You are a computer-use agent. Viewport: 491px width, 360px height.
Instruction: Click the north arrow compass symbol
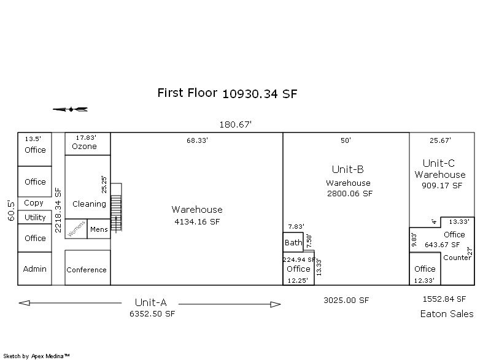pyautogui.click(x=70, y=109)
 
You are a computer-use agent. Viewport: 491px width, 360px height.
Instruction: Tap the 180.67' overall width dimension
pyautogui.click(x=235, y=124)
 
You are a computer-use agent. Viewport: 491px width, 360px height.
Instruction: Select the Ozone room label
pyautogui.click(x=84, y=147)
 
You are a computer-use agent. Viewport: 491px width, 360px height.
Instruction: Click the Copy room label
pyautogui.click(x=34, y=203)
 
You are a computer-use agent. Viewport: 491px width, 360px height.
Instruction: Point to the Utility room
pyautogui.click(x=35, y=217)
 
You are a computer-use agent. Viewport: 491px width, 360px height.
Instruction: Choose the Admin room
pyautogui.click(x=35, y=269)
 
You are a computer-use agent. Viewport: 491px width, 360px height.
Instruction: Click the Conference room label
pyautogui.click(x=87, y=270)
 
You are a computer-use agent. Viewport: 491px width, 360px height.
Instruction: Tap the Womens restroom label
pyautogui.click(x=76, y=229)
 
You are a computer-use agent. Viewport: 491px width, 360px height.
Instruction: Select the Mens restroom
pyautogui.click(x=99, y=229)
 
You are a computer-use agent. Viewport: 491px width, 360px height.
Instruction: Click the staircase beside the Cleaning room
pyautogui.click(x=116, y=208)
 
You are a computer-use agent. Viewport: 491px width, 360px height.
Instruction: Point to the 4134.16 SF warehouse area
pyautogui.click(x=197, y=222)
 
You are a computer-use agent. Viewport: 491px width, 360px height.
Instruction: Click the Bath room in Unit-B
pyautogui.click(x=293, y=242)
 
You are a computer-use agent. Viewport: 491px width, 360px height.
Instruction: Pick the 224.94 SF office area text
pyautogui.click(x=299, y=259)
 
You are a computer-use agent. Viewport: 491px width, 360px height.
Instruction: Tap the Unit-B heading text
pyautogui.click(x=347, y=169)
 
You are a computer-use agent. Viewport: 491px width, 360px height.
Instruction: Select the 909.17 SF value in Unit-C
pyautogui.click(x=442, y=185)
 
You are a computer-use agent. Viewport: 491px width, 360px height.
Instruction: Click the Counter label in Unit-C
pyautogui.click(x=457, y=258)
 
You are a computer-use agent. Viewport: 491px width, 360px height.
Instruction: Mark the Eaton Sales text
pyautogui.click(x=447, y=314)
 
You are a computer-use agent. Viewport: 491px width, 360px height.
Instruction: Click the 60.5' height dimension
pyautogui.click(x=11, y=210)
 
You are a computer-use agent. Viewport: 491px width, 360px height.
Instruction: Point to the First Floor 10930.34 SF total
pyautogui.click(x=227, y=93)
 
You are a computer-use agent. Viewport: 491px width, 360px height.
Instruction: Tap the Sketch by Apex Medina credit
pyautogui.click(x=36, y=356)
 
